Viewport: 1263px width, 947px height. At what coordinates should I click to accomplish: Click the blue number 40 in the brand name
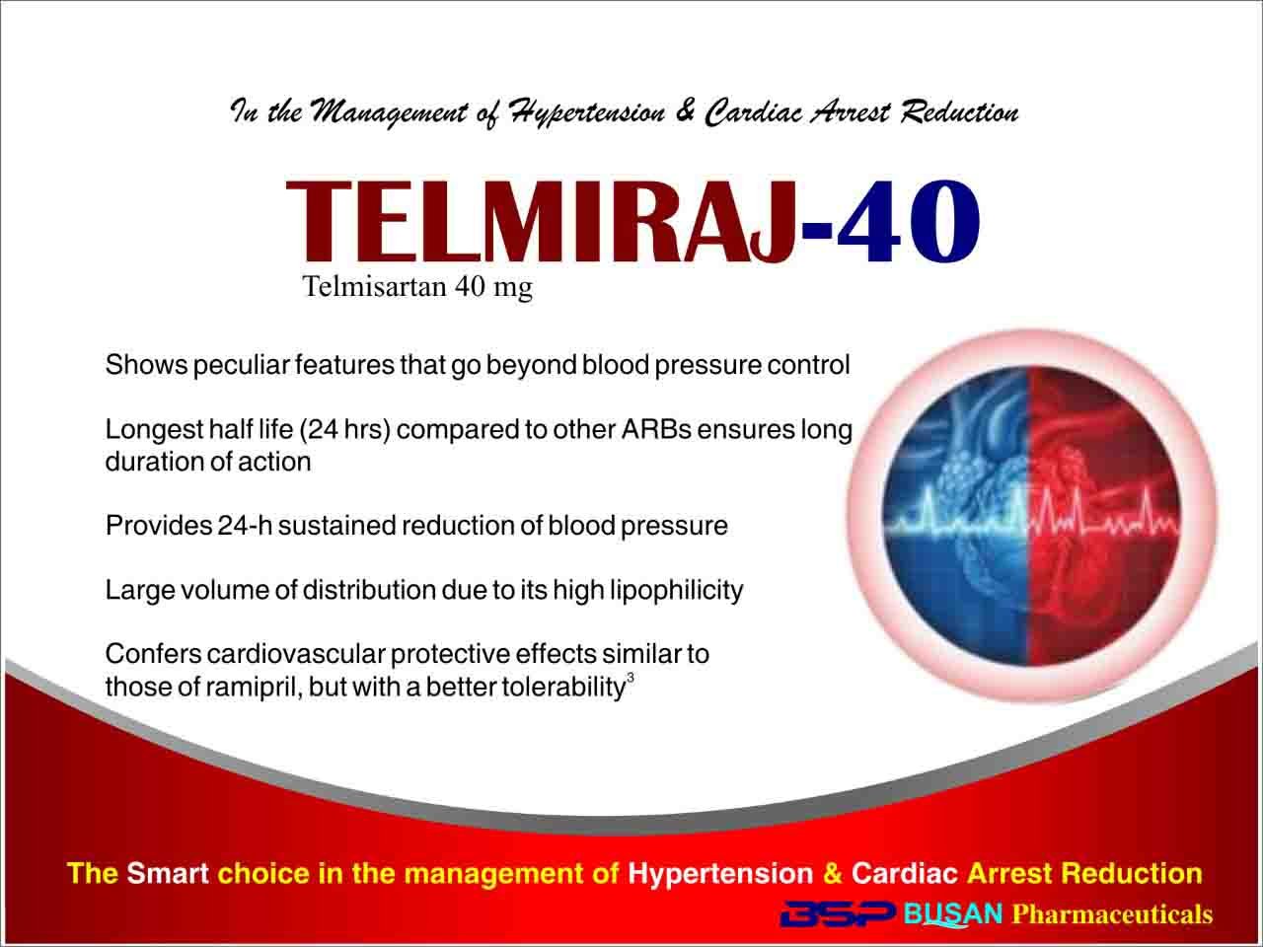pos(909,221)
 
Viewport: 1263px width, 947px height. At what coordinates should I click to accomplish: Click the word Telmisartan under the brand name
pos(375,286)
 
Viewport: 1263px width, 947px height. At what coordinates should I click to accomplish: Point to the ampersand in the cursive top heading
pos(684,110)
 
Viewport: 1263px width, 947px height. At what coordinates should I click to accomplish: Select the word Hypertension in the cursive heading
pos(588,112)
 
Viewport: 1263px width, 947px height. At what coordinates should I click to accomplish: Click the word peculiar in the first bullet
pos(241,366)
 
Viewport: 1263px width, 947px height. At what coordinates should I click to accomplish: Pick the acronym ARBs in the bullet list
pos(657,429)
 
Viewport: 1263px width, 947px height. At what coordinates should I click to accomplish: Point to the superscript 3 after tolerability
pos(631,679)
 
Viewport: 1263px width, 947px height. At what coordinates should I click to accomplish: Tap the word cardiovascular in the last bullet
pos(296,654)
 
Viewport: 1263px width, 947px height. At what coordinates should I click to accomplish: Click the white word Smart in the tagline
pos(168,873)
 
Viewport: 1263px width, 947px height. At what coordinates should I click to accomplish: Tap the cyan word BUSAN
pos(953,913)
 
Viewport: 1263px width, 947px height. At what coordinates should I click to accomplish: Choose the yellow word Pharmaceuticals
pos(1112,914)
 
